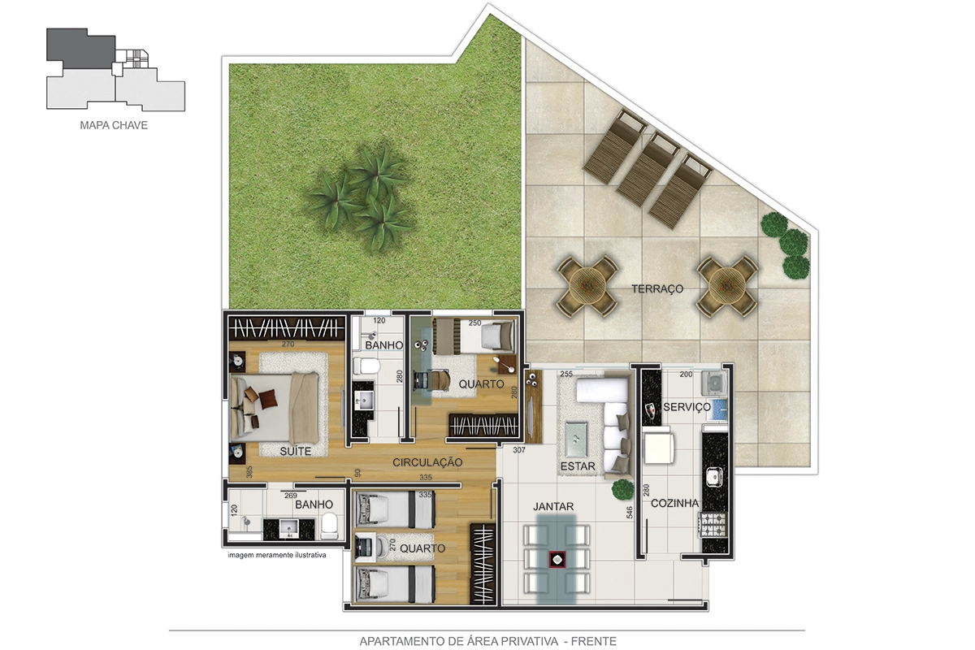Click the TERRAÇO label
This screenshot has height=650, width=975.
657,288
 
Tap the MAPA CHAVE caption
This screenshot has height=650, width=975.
114,125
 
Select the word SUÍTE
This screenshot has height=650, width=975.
296,451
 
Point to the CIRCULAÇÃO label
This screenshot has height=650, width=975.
427,462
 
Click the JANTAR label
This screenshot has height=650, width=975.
553,506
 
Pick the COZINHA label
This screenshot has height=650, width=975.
674,503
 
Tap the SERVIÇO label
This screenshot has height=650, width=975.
687,407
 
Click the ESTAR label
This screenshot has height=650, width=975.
578,466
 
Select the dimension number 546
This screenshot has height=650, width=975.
630,513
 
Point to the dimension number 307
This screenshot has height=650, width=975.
519,450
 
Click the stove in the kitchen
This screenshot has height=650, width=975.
714,525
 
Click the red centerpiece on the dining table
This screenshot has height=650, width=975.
557,560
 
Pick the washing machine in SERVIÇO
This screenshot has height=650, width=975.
714,383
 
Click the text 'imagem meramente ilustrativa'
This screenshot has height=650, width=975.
277,555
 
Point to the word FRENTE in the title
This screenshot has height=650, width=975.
594,641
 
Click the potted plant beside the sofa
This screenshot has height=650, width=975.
622,490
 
